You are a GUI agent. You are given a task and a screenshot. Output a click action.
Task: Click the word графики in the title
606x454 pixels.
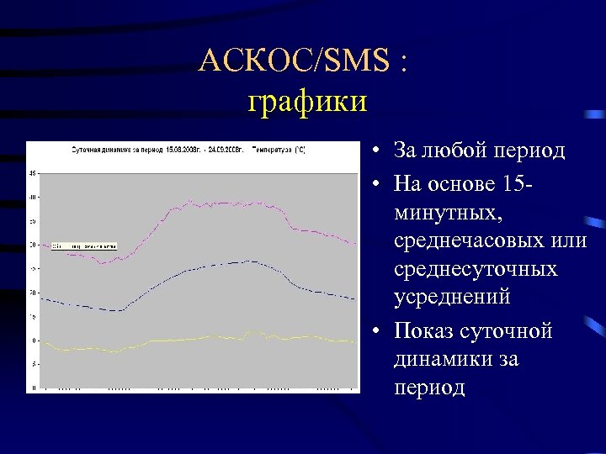click(x=307, y=102)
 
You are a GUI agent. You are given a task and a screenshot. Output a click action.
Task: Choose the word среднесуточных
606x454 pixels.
click(x=475, y=270)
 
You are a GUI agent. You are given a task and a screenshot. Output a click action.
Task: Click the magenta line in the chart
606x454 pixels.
click(x=252, y=203)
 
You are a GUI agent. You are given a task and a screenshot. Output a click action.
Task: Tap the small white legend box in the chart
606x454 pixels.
click(x=83, y=245)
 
